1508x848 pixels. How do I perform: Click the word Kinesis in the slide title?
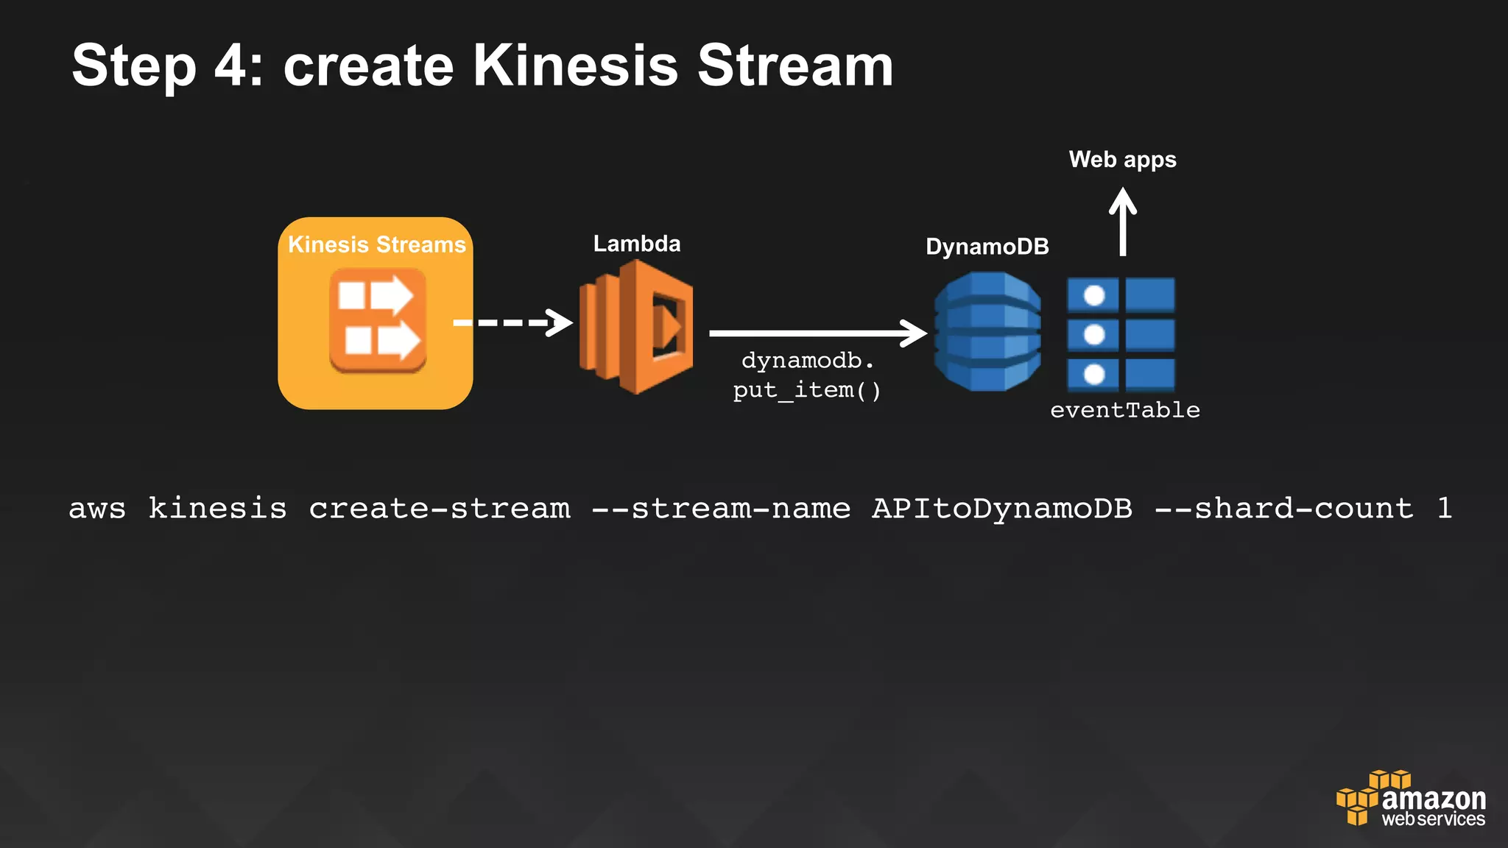(x=574, y=66)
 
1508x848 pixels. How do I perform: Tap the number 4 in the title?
(x=231, y=66)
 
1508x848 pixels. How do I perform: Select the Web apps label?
(x=1122, y=160)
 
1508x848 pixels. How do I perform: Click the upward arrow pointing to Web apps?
(x=1122, y=222)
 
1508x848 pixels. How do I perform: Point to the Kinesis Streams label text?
(x=376, y=244)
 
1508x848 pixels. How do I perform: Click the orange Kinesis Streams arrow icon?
(x=378, y=320)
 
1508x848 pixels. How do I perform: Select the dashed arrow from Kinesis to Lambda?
(x=512, y=322)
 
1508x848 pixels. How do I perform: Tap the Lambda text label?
(x=637, y=244)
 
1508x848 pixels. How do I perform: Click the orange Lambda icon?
(x=636, y=327)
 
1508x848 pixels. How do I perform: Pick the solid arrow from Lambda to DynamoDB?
(x=817, y=333)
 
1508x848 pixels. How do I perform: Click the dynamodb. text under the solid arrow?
(x=808, y=361)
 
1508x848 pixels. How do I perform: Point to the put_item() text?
(x=807, y=390)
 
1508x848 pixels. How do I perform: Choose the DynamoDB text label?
(x=987, y=247)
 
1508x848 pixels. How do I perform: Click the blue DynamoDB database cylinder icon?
(x=987, y=331)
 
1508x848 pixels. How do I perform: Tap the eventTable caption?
(x=1124, y=410)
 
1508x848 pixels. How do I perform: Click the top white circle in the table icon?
(x=1094, y=295)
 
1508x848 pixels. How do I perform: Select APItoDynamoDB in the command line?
(x=1001, y=509)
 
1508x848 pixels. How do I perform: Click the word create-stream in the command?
(x=440, y=509)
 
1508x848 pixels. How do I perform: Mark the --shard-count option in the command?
(x=1284, y=509)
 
